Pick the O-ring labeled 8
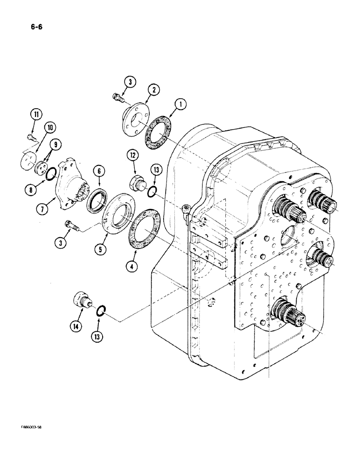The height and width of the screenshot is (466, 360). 53,175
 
